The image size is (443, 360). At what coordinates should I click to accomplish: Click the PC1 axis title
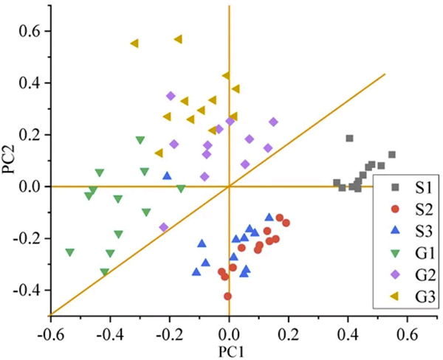(x=229, y=352)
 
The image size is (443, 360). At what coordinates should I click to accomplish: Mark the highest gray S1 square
(x=349, y=138)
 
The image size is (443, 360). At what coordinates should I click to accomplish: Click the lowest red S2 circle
(x=227, y=296)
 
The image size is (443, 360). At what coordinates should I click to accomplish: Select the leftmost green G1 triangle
(x=70, y=252)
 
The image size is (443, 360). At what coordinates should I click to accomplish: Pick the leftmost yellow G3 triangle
(x=134, y=44)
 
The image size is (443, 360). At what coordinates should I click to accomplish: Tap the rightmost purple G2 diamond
(x=273, y=122)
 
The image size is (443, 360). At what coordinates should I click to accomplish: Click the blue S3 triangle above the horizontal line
(x=167, y=176)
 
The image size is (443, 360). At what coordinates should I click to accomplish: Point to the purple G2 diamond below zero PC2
(x=164, y=227)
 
